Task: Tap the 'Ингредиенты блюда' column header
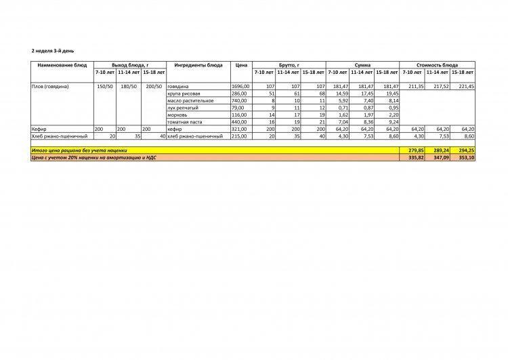click(198, 65)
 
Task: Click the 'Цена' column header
click(241, 65)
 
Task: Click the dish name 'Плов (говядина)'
click(51, 87)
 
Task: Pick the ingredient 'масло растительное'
click(190, 100)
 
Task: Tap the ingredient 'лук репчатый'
click(183, 107)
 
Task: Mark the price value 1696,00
click(241, 87)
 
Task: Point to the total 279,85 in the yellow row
click(412, 150)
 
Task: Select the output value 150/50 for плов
click(106, 87)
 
